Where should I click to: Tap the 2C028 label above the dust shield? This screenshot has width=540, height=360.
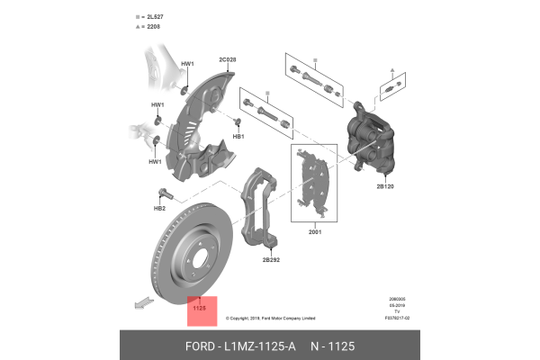click(228, 59)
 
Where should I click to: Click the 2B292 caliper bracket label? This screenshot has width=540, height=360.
click(272, 259)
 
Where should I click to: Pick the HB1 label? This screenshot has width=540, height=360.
click(238, 136)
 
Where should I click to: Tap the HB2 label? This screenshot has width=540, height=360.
click(159, 208)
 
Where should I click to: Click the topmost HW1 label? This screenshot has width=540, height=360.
click(187, 64)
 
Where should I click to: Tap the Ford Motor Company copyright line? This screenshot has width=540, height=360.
click(270, 318)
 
